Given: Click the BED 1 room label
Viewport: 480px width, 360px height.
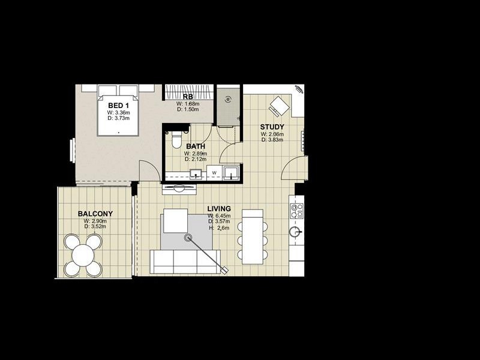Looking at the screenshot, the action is (x=118, y=106).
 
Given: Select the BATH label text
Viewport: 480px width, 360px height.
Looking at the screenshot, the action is (x=196, y=146).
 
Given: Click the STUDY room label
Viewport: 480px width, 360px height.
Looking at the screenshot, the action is (x=272, y=127).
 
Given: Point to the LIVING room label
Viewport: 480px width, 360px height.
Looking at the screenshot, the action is (x=219, y=209).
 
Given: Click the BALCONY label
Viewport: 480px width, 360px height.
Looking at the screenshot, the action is (x=95, y=214).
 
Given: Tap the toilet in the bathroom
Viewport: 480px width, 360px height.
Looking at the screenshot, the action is (x=176, y=140).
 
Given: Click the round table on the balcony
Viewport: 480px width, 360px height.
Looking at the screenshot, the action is (x=83, y=256).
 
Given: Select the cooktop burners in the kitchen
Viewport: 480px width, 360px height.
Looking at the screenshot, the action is (x=296, y=211).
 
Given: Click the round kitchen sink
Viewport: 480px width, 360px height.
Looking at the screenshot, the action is (x=295, y=232).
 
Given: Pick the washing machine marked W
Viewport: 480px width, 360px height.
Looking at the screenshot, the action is (x=214, y=173).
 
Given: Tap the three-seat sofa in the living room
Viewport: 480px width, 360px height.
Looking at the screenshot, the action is (x=185, y=262).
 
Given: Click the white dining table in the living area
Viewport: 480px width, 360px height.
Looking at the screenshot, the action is (x=253, y=236).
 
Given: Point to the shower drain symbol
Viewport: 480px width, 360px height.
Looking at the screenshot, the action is (x=228, y=99).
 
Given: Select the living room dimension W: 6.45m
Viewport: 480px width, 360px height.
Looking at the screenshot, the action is (x=219, y=216).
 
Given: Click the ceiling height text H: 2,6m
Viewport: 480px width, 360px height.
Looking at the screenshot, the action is (x=219, y=228).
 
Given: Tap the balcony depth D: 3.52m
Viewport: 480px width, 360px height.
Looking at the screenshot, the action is (x=95, y=227).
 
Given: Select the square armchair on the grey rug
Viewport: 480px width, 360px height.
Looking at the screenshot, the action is (x=175, y=221).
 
